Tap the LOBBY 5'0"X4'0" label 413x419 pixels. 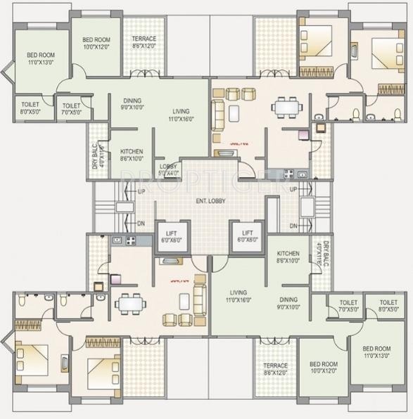click(168, 169)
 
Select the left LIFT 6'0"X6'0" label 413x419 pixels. click(171, 236)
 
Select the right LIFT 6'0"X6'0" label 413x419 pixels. click(247, 236)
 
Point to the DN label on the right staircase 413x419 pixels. click(293, 225)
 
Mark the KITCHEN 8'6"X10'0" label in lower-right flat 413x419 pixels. click(288, 257)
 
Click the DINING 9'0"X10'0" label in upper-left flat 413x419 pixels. click(133, 104)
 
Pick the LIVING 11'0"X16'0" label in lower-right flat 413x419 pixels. click(239, 296)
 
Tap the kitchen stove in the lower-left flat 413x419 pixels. click(130, 241)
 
